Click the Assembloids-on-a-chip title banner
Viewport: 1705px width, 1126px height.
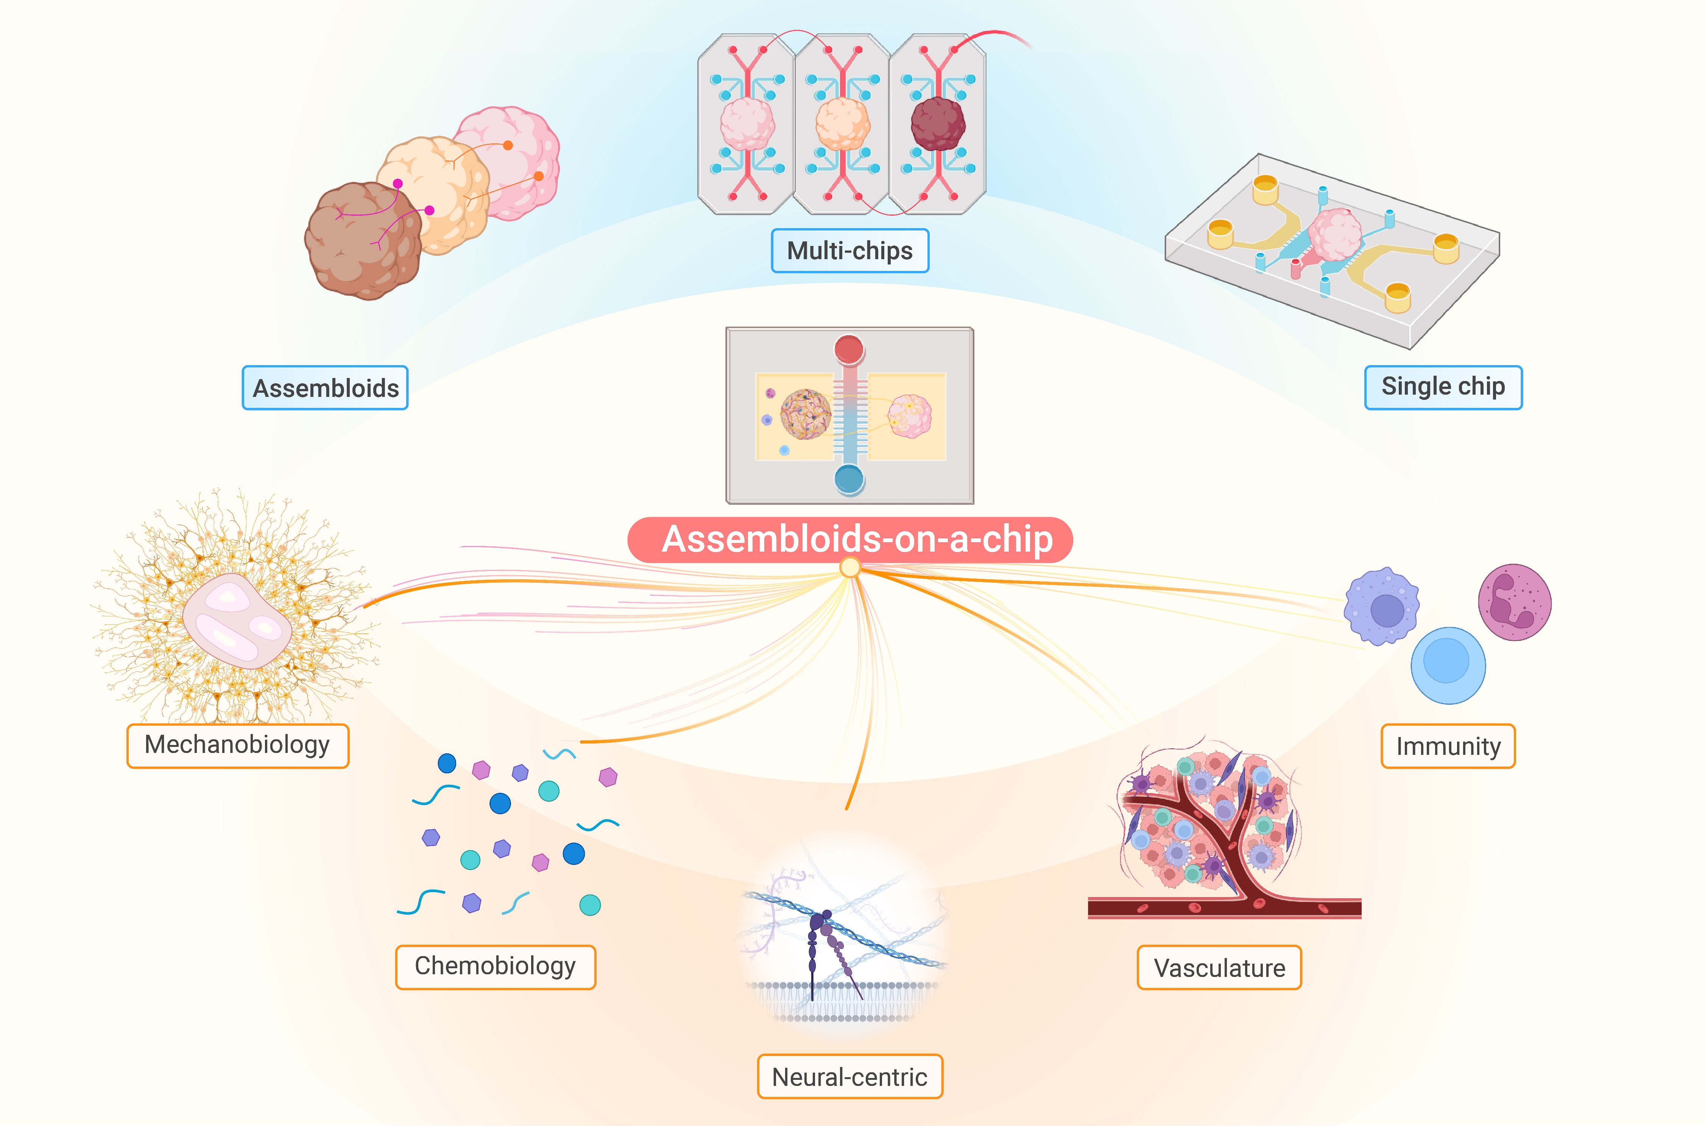850,539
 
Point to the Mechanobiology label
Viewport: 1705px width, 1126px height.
238,745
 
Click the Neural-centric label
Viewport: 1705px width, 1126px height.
850,1076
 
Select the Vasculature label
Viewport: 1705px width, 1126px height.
1219,967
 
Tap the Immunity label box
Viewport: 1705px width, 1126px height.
1448,746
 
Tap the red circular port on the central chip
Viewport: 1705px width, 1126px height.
849,350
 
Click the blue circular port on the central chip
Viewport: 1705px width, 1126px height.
849,479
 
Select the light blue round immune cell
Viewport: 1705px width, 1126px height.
1448,666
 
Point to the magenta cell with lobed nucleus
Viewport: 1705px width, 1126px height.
1515,602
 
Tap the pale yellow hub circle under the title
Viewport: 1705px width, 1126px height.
850,568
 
